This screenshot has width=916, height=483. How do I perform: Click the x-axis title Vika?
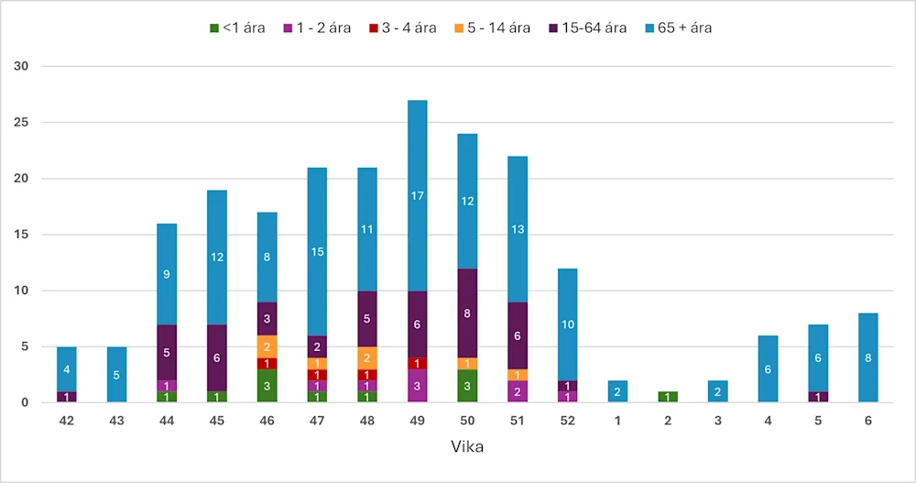[467, 447]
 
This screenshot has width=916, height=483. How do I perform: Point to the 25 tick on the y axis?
[22, 123]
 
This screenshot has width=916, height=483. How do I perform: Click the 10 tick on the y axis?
[22, 291]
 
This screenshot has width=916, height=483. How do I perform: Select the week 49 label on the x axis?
[418, 420]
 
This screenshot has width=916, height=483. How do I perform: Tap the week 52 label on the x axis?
[568, 420]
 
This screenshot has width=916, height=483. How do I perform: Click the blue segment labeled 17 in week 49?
[418, 196]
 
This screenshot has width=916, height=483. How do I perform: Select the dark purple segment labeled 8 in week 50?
[468, 313]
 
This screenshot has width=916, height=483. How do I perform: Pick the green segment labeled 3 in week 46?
[267, 386]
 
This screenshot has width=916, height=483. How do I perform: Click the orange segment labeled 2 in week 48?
[367, 357]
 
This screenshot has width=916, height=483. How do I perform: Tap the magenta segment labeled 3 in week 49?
[418, 386]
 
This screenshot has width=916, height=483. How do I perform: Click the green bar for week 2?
[669, 397]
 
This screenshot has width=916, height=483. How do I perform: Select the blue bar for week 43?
[117, 374]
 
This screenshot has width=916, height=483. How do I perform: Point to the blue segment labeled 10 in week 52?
[568, 324]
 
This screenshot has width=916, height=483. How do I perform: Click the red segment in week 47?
[318, 375]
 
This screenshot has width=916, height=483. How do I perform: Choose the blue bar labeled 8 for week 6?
[869, 357]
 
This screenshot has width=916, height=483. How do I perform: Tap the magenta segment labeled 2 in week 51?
[518, 391]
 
